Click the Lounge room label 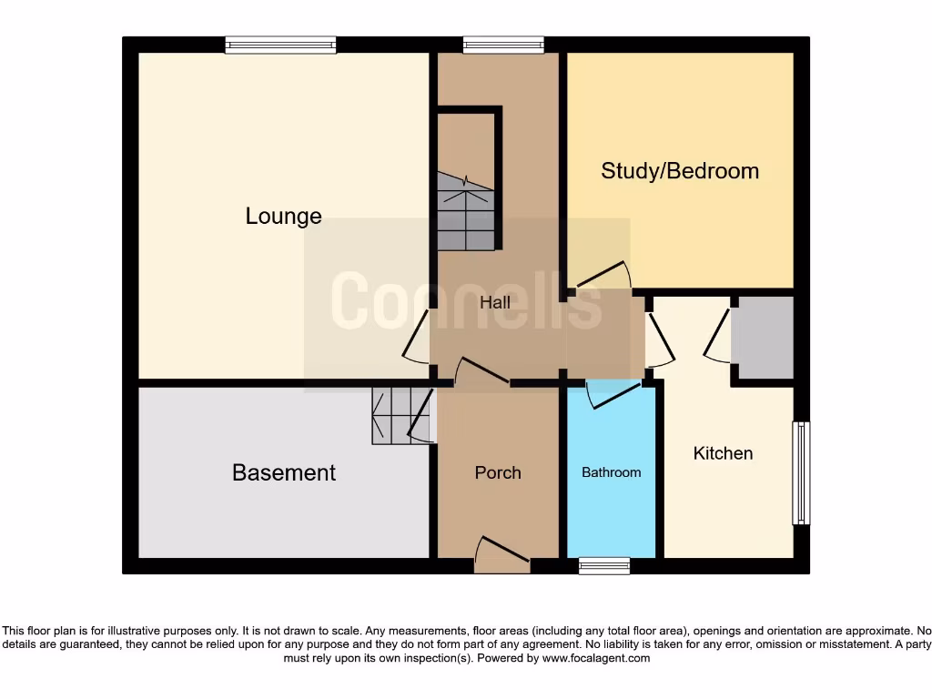pyautogui.click(x=283, y=217)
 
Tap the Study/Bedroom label pyautogui.click(x=680, y=171)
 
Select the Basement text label pyautogui.click(x=284, y=473)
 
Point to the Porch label pyautogui.click(x=498, y=472)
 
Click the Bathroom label pyautogui.click(x=611, y=472)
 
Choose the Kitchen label pyautogui.click(x=723, y=453)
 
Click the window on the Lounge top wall pyautogui.click(x=280, y=45)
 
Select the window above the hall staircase pyautogui.click(x=503, y=45)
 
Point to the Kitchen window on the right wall pyautogui.click(x=801, y=472)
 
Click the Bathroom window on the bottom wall pyautogui.click(x=604, y=566)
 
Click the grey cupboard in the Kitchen pyautogui.click(x=764, y=337)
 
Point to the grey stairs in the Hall pyautogui.click(x=465, y=211)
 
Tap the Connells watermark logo pyautogui.click(x=465, y=301)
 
